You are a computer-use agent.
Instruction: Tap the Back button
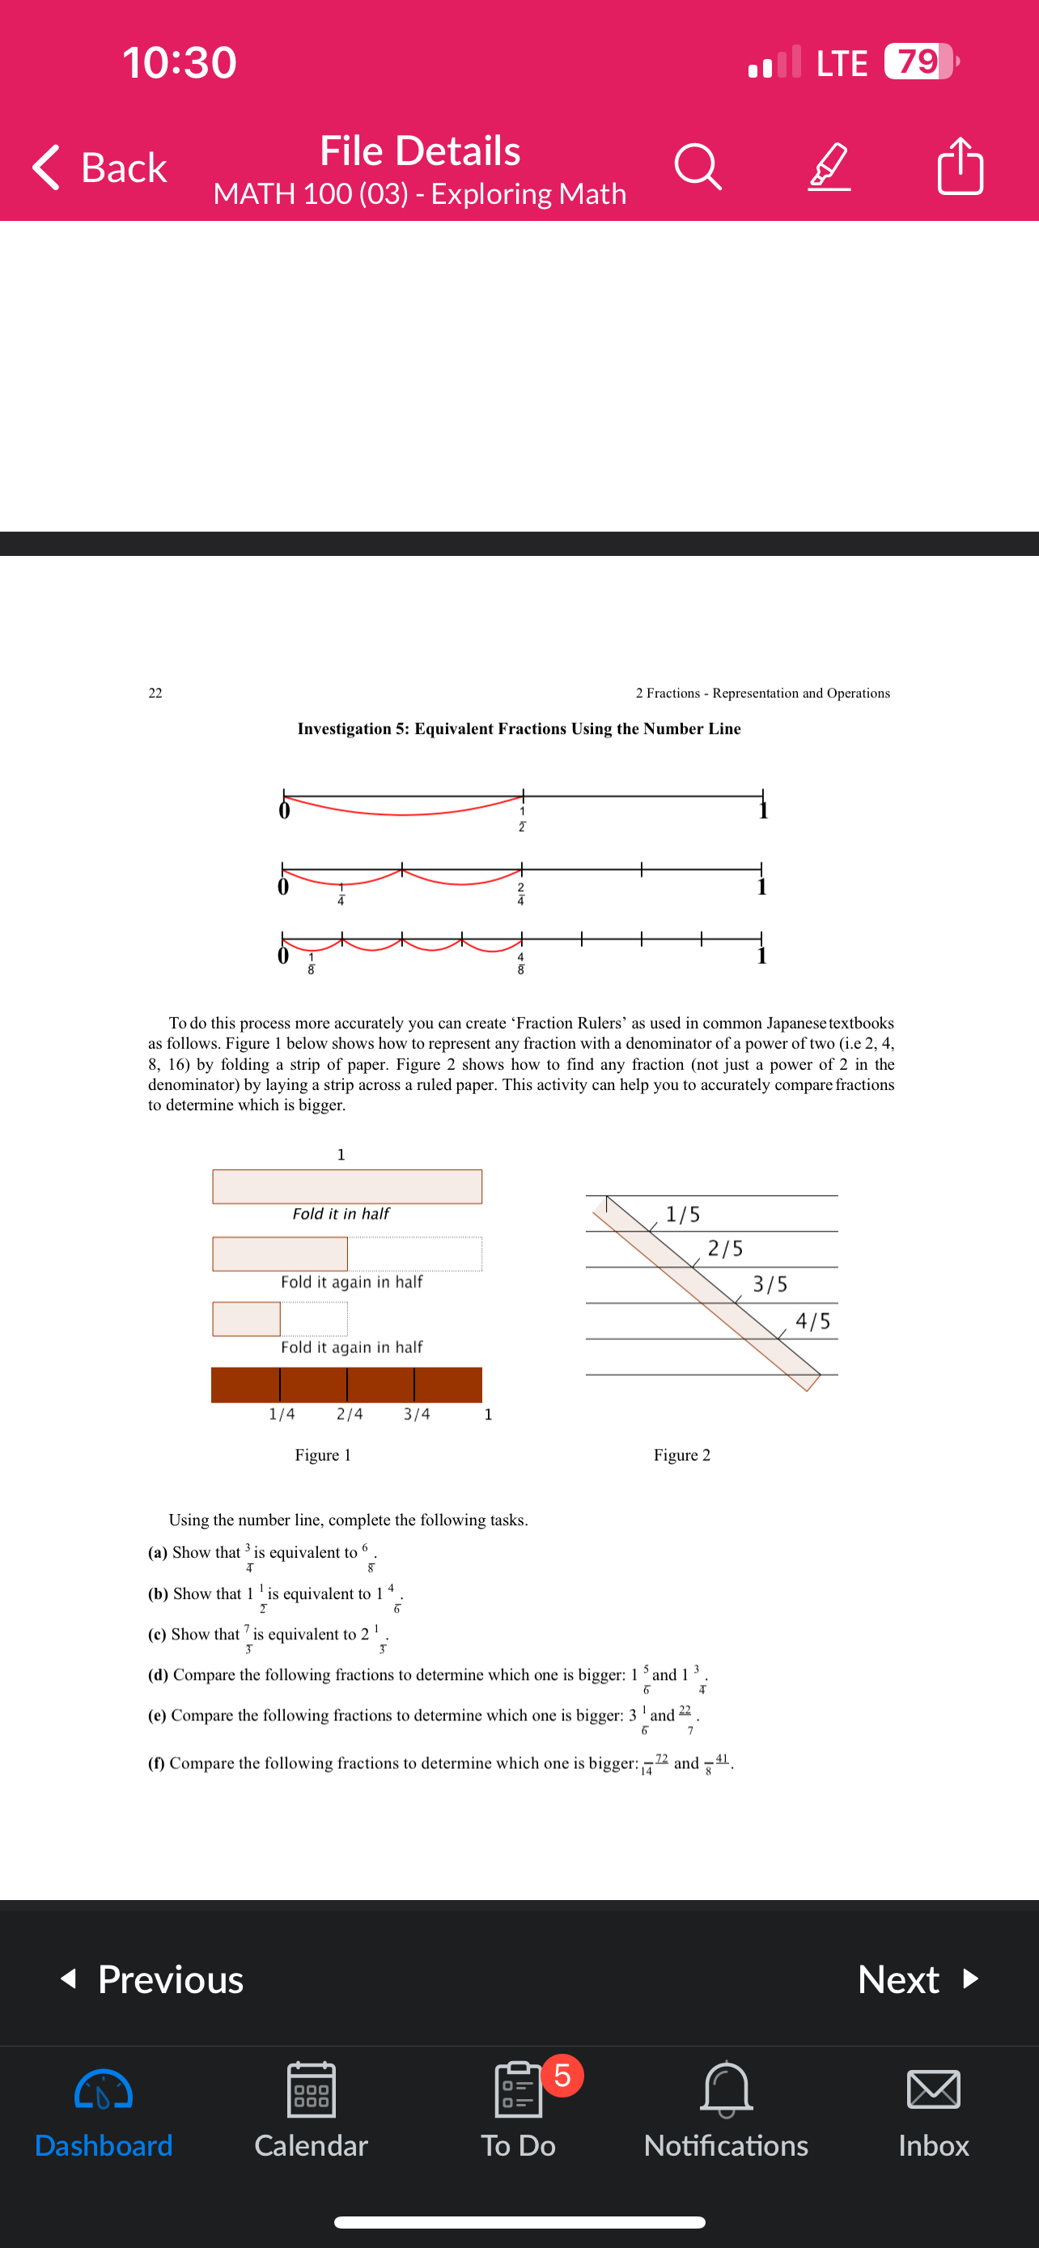100,167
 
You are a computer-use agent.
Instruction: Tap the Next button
918,1979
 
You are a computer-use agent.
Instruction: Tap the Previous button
153,1979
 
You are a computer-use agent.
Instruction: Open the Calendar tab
311,2106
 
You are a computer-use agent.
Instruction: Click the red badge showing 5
562,2075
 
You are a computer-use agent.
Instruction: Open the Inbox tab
934,2106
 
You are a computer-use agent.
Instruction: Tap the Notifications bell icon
726,2090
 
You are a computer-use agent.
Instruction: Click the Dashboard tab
104,2106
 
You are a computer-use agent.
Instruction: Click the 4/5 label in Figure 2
813,1321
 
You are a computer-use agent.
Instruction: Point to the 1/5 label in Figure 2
683,1214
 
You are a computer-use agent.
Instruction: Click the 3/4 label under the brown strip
417,1414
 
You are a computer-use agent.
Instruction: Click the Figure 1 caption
323,1455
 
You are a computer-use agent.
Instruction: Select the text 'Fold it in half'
341,1214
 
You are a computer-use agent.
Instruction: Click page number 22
155,693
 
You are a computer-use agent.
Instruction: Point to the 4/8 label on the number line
521,964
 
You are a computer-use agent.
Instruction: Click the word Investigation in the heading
344,728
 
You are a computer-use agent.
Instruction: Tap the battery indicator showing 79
919,61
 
